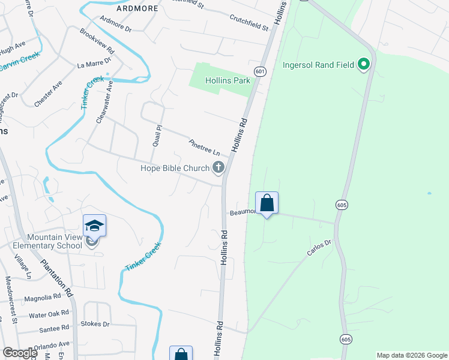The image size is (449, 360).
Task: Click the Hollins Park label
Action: (227, 80)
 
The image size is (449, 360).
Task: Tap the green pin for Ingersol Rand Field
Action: (363, 64)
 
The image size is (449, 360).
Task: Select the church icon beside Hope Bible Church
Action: (218, 168)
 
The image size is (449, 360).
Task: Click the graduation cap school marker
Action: (94, 226)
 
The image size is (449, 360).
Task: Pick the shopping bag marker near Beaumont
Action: (267, 203)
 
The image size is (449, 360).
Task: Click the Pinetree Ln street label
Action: (205, 148)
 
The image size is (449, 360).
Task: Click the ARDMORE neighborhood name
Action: (138, 8)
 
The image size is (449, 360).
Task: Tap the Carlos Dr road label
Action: (319, 248)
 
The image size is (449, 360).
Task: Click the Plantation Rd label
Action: (56, 278)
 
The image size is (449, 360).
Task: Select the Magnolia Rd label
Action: (42, 297)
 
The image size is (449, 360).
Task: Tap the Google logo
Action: (20, 353)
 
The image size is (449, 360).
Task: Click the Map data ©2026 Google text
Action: (411, 355)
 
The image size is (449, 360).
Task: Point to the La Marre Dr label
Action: (94, 62)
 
